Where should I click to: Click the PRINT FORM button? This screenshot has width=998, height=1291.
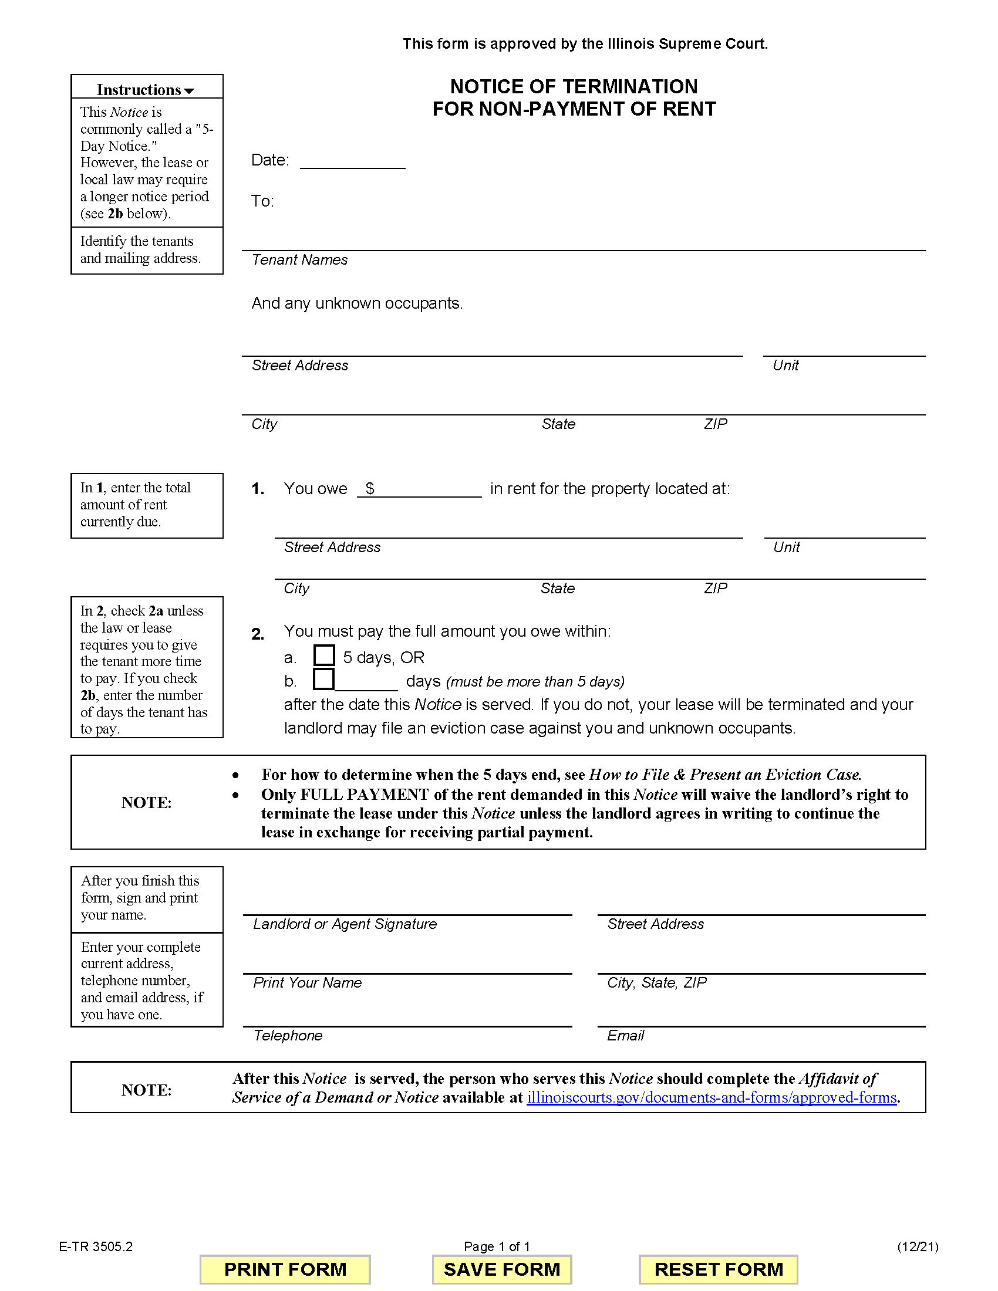285,1269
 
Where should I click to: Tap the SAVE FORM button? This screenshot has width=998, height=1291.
501,1269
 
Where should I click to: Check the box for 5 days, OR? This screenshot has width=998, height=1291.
323,655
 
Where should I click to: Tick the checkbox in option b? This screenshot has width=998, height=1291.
323,679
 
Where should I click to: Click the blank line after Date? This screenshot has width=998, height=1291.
352,161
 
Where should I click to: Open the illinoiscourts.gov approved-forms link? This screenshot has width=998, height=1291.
712,1097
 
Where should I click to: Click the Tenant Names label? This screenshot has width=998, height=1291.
300,260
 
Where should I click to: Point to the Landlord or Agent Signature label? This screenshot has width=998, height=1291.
345,924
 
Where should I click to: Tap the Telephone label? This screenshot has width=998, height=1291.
288,1035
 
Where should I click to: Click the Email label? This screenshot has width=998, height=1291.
626,1035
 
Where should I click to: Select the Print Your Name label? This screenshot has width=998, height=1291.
308,982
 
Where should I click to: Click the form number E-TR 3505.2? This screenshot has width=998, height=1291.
96,1246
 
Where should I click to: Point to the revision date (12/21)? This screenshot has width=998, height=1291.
918,1246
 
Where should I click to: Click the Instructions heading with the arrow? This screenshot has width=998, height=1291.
146,90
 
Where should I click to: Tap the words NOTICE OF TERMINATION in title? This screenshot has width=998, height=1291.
574,87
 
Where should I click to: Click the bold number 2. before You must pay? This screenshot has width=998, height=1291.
258,634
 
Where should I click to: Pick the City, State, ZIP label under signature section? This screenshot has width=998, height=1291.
657,982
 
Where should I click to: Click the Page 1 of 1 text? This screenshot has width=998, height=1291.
497,1246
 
